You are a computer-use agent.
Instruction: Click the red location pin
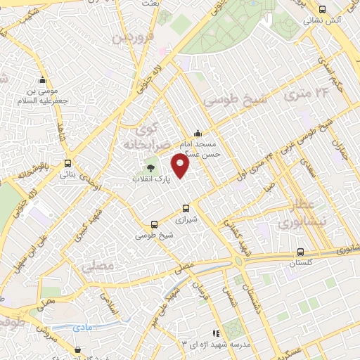(181, 165)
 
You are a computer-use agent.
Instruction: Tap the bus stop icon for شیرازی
(186, 208)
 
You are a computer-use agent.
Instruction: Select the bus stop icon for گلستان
(300, 252)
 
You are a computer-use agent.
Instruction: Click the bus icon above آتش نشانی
(322, 9)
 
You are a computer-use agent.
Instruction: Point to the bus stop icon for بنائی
(67, 162)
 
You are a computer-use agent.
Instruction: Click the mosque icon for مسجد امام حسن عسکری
(198, 132)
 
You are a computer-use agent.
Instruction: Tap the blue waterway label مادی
(82, 326)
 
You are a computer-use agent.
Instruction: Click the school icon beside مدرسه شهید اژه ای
(216, 333)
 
